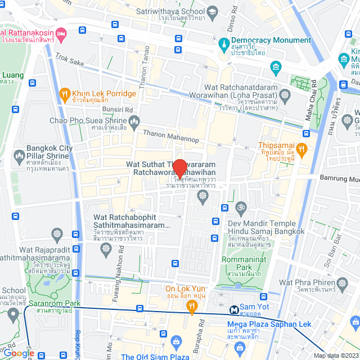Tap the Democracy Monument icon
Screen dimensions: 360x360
coord(224,43)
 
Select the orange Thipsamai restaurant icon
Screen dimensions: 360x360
coord(302,148)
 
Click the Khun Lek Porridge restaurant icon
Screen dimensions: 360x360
coord(65,94)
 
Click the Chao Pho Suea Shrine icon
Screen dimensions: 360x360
coord(134,121)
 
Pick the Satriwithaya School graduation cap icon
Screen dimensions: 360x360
coord(213,11)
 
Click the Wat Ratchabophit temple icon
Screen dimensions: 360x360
coord(57,233)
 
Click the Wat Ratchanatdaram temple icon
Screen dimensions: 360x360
coord(285,94)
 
